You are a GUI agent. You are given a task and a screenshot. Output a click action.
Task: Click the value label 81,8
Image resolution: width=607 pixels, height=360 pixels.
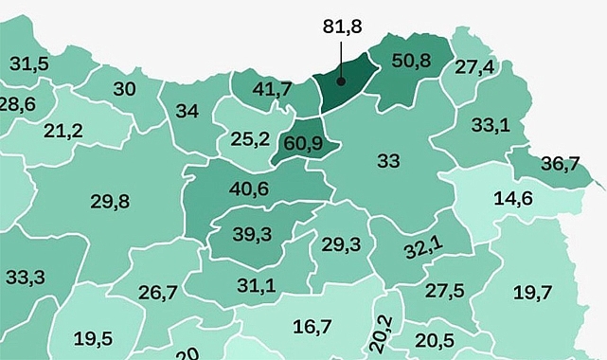coord(342,27)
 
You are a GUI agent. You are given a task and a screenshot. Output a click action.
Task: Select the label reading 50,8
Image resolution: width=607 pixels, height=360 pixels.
coord(411,61)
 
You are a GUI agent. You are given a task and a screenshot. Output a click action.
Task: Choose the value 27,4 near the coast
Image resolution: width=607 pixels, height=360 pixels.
coord(474,67)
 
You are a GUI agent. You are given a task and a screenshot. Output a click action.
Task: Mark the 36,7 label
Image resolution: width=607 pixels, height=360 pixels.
coord(560,163)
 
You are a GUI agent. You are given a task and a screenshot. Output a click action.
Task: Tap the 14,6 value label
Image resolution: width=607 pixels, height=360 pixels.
coord(513,199)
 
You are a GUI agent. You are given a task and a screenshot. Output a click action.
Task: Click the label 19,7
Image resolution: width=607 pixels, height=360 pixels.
coord(533,293)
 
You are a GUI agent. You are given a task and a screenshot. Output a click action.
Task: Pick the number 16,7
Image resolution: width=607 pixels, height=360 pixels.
coord(312,327)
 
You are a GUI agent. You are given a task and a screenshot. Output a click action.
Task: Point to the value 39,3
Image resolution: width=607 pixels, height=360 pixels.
coord(252,235)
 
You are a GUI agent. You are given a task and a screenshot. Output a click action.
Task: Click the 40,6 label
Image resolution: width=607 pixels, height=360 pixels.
coord(249,188)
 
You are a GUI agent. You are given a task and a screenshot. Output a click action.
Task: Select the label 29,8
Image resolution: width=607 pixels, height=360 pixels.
coord(110,201)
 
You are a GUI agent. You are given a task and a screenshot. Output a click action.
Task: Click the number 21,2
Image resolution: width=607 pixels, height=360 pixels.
coord(63,130)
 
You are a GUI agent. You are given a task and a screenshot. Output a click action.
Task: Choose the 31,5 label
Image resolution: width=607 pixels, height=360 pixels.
coord(29,64)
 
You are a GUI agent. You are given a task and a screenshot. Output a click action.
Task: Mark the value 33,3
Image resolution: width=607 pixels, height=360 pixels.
coord(25,278)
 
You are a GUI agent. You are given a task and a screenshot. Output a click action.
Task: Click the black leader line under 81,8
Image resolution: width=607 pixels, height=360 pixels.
coord(341,62)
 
